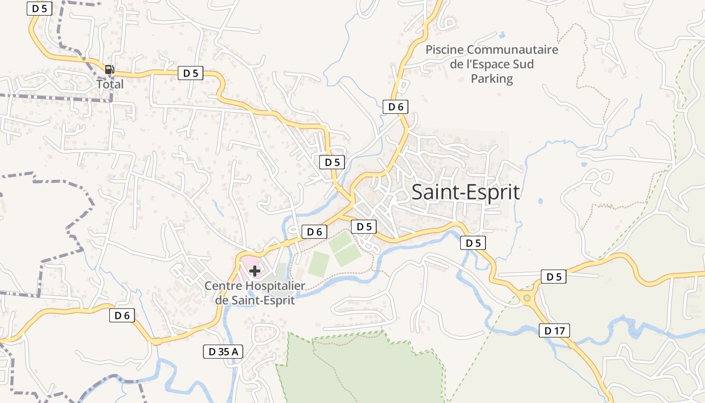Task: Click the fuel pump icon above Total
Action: click(x=109, y=70)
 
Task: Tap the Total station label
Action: click(x=110, y=84)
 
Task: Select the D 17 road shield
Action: click(x=554, y=330)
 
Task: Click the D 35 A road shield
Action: click(x=223, y=352)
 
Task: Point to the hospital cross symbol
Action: click(x=255, y=271)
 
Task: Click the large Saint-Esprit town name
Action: click(x=466, y=192)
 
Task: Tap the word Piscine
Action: click(x=444, y=50)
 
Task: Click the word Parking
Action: click(x=492, y=79)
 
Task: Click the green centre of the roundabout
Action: click(x=527, y=298)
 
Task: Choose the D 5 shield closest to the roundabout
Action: click(x=553, y=277)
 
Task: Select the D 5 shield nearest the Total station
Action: click(x=190, y=73)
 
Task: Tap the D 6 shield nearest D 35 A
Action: click(x=122, y=316)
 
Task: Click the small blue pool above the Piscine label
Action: click(x=502, y=35)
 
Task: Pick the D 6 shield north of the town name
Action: click(x=395, y=106)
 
